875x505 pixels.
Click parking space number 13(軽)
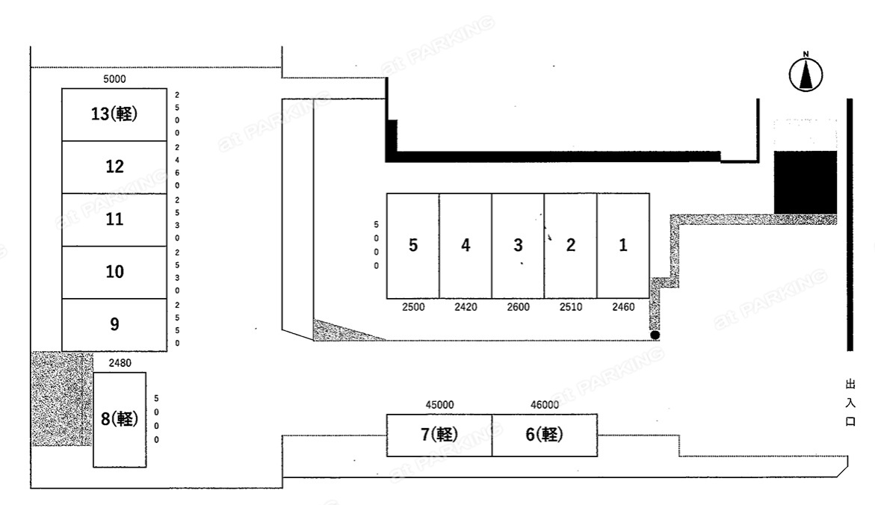114,114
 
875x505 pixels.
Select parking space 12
114,167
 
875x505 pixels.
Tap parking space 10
114,273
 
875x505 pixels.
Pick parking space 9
114,325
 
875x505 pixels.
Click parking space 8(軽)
120,420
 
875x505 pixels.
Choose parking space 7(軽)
439,436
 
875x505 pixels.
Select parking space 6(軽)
545,436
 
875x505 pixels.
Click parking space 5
413,246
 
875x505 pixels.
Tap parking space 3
518,246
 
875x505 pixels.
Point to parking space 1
623,246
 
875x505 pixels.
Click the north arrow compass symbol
806,72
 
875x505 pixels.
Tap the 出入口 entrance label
850,403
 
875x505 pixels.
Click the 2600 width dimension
518,307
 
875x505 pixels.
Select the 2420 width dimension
466,307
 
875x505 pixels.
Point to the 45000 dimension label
439,405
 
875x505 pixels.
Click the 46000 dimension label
545,405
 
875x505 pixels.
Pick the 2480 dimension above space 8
120,363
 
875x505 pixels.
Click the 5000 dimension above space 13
114,79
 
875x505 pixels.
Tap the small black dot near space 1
655,335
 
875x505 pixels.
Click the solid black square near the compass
806,182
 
